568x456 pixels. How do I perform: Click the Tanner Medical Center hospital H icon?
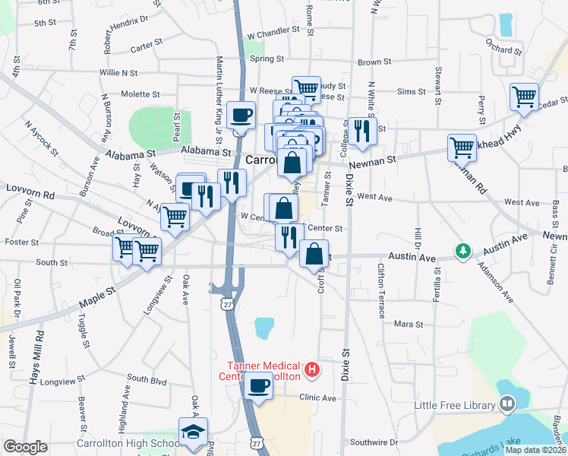311,370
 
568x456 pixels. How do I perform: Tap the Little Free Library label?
455,405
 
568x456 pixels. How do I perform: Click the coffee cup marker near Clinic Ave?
259,385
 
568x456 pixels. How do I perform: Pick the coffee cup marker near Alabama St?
241,116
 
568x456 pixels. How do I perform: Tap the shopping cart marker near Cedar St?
525,97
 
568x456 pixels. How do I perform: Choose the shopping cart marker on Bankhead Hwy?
462,148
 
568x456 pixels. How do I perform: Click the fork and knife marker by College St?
363,131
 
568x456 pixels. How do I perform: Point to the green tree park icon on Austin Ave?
462,250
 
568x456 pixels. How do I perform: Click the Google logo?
25,447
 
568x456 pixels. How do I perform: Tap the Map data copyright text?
535,450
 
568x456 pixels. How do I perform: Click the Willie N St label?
118,73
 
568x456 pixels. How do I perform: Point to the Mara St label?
409,324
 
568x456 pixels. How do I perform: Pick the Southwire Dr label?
373,442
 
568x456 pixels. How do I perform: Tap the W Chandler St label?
274,35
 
